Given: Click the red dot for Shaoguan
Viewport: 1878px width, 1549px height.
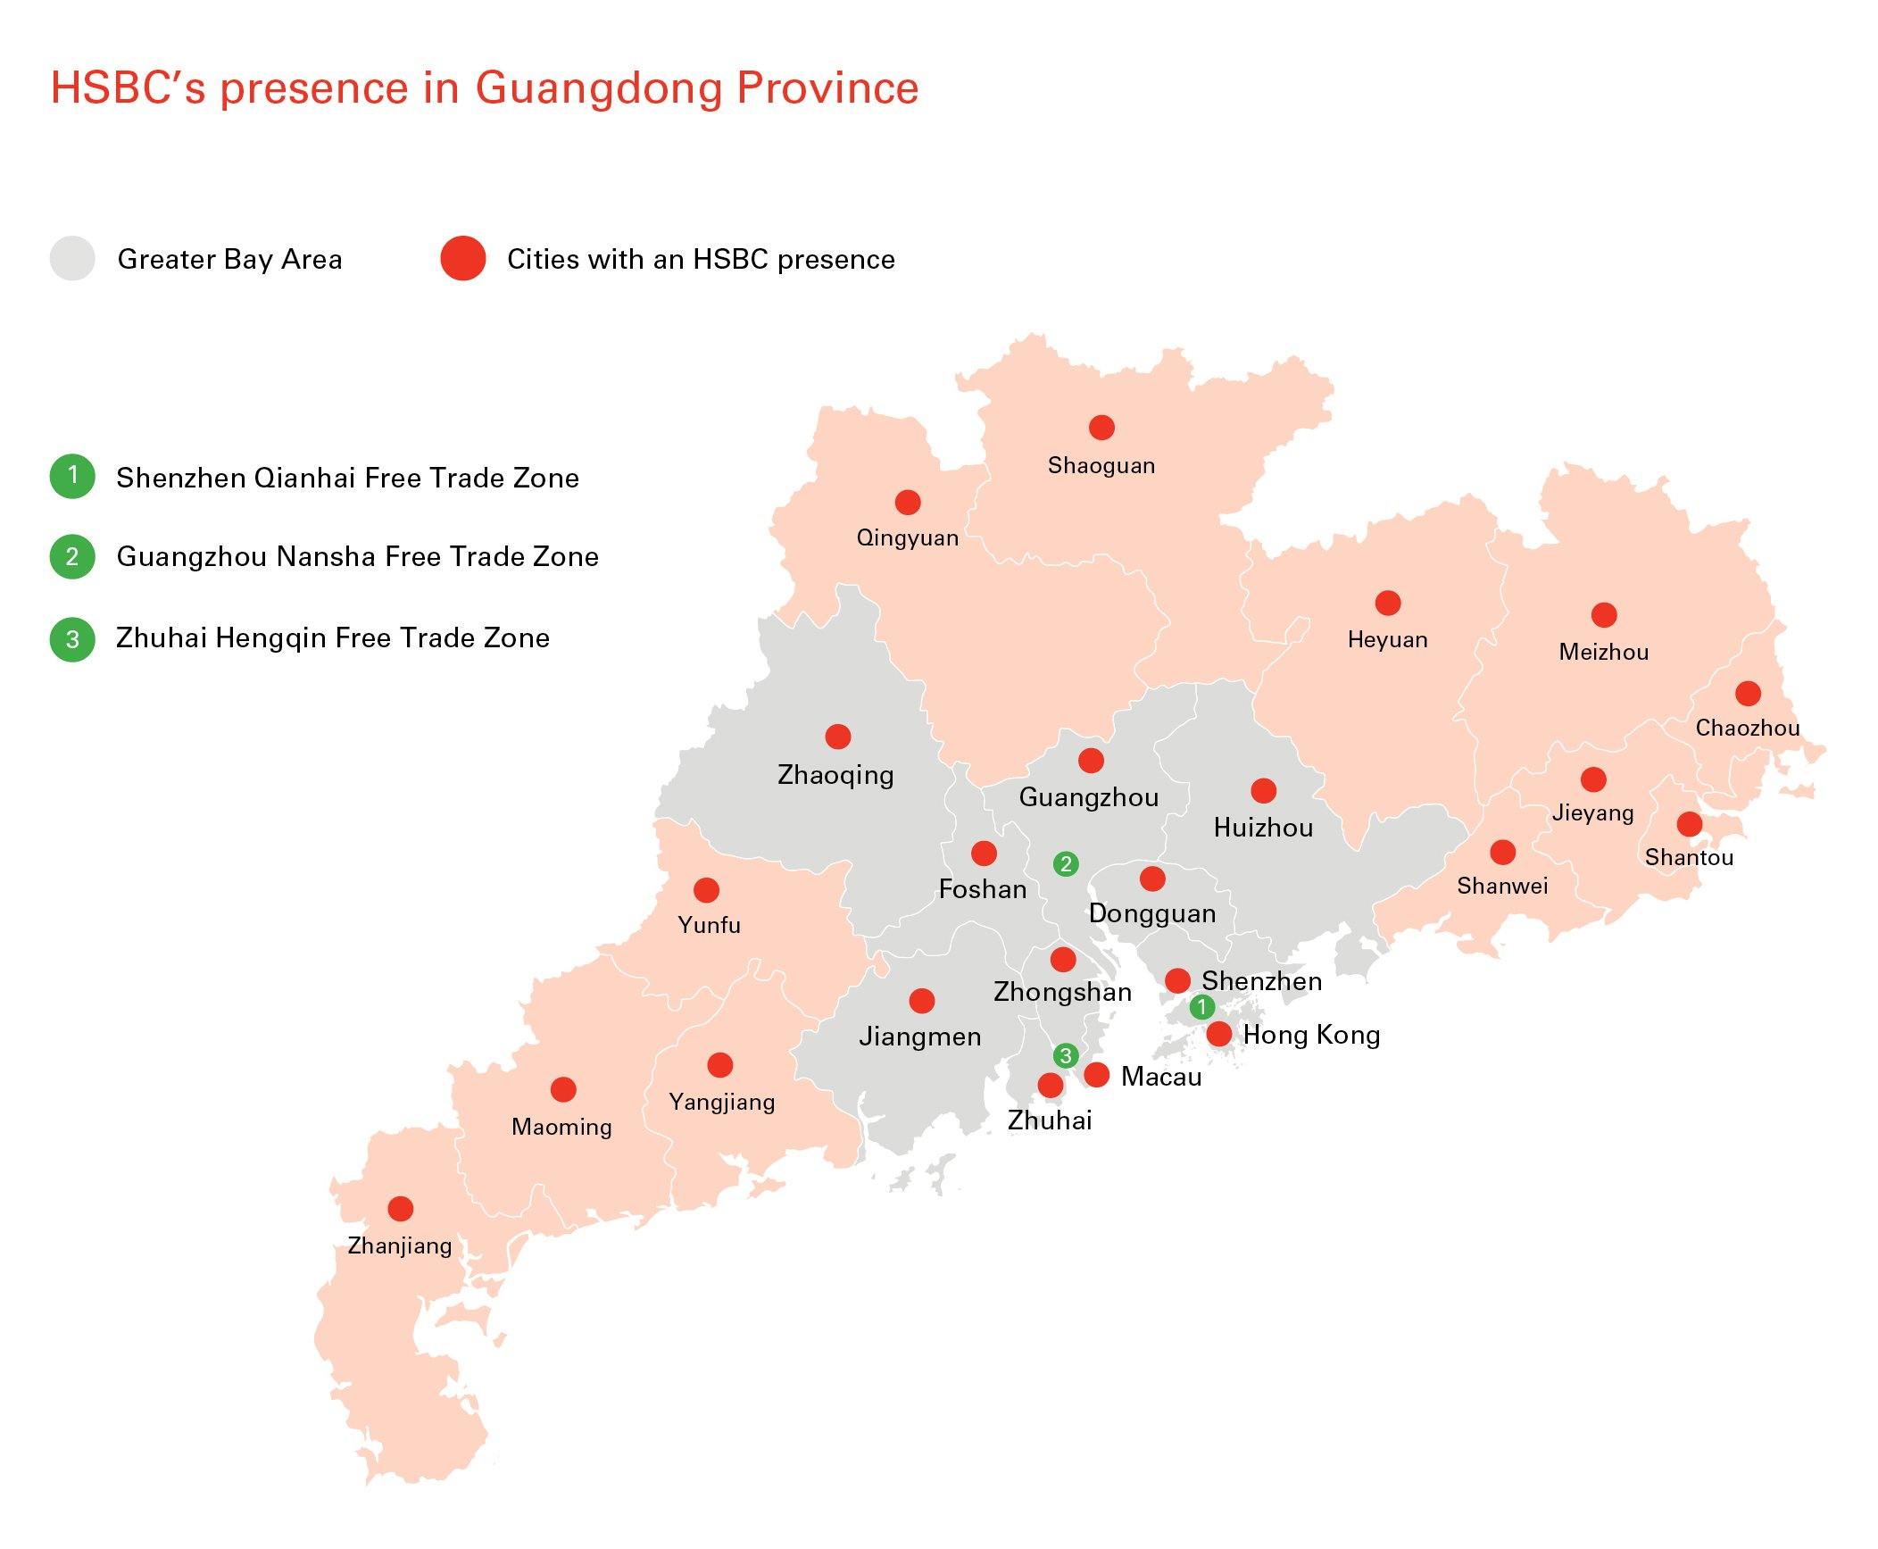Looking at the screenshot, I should pyautogui.click(x=1101, y=428).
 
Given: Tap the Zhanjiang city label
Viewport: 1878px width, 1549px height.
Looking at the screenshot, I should pyautogui.click(x=399, y=1245).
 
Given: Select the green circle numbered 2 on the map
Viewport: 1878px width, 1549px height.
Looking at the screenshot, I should pyautogui.click(x=1065, y=863).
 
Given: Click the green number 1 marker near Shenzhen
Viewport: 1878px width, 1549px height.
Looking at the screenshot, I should pyautogui.click(x=1201, y=1007).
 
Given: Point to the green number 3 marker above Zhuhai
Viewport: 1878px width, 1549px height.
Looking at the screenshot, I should pyautogui.click(x=1065, y=1055).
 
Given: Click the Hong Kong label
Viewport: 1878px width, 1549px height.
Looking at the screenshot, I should pyautogui.click(x=1311, y=1035).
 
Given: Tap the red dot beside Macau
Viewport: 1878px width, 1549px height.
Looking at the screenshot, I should pyautogui.click(x=1096, y=1075).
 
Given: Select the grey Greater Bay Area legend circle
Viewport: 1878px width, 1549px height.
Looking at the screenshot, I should pyautogui.click(x=72, y=259).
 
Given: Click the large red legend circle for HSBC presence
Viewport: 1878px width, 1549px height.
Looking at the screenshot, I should pyautogui.click(x=462, y=259).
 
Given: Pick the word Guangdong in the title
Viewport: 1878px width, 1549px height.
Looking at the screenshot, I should pyautogui.click(x=598, y=88).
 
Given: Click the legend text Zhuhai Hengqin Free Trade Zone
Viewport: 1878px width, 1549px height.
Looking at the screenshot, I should pyautogui.click(x=332, y=638).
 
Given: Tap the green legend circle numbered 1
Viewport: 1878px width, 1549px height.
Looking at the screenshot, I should pyautogui.click(x=72, y=476).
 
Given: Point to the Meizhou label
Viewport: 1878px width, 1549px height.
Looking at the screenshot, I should pyautogui.click(x=1603, y=652).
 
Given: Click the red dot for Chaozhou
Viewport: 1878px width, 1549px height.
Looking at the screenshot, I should pyautogui.click(x=1748, y=693).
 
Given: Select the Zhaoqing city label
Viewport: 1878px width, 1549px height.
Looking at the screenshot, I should pyautogui.click(x=835, y=774).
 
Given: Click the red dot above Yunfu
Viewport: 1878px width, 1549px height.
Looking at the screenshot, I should pyautogui.click(x=706, y=890).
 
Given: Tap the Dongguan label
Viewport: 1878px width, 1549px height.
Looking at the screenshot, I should pyautogui.click(x=1151, y=913).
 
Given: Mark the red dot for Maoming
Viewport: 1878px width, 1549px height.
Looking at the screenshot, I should pyautogui.click(x=562, y=1089).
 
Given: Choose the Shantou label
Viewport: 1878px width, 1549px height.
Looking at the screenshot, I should pyautogui.click(x=1689, y=857).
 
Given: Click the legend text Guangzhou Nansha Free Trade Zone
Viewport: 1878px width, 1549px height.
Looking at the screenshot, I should pyautogui.click(x=357, y=557).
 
